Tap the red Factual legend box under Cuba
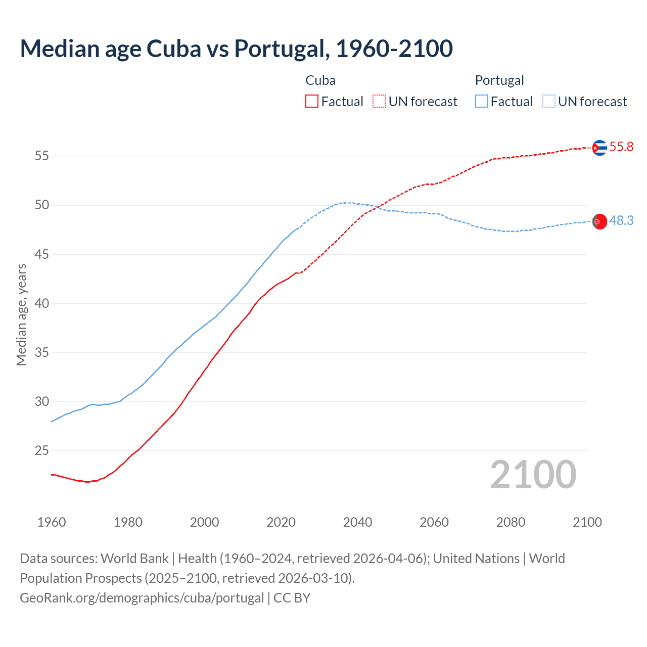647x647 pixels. tap(312, 102)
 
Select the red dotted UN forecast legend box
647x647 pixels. tap(379, 102)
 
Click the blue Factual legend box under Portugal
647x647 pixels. tap(482, 102)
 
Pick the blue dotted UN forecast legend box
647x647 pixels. tap(549, 102)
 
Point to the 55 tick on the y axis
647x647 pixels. tap(41, 156)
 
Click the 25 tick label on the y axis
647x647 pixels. tap(41, 450)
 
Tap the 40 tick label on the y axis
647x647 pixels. tap(41, 303)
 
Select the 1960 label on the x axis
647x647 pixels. tap(52, 522)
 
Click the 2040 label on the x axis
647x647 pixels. tap(357, 522)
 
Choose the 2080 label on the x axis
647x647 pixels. tap(511, 522)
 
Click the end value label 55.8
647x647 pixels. tap(621, 147)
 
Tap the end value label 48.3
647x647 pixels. tap(621, 221)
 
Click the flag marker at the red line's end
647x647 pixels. tap(599, 148)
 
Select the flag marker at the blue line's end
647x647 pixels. tap(599, 221)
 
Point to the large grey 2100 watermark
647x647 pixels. tap(533, 474)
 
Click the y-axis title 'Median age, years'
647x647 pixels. tap(21, 314)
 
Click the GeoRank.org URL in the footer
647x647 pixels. tap(142, 598)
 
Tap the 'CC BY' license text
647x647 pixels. tap(292, 598)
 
